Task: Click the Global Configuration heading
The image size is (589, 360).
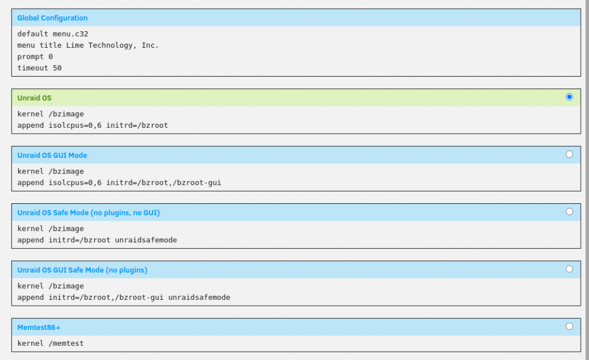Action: [52, 18]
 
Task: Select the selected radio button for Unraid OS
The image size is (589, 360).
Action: [569, 97]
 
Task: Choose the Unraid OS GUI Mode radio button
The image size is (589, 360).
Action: [569, 154]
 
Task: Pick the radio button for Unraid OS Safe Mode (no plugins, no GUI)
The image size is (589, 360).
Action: [569, 212]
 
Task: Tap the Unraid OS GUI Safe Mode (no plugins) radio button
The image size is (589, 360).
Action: [569, 269]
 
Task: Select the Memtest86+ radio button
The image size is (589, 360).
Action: [569, 326]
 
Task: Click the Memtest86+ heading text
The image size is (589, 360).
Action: [39, 328]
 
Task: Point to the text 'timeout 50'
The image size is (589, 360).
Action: [39, 68]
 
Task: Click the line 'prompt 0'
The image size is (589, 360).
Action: [35, 57]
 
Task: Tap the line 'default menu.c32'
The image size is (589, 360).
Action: [52, 34]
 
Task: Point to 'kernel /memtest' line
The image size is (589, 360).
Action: [50, 343]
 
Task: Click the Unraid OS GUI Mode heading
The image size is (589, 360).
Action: [52, 155]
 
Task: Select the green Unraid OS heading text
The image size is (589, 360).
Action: [34, 98]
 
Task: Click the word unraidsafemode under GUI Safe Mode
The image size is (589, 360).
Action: [199, 297]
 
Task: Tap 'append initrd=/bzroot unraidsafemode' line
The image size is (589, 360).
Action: [97, 240]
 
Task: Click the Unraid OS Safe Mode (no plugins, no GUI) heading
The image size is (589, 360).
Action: [89, 213]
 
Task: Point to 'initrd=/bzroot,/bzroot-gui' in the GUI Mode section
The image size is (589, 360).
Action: [163, 183]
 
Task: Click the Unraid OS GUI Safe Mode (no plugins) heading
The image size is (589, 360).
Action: [82, 270]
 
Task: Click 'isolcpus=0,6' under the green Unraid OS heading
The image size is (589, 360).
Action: [75, 125]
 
